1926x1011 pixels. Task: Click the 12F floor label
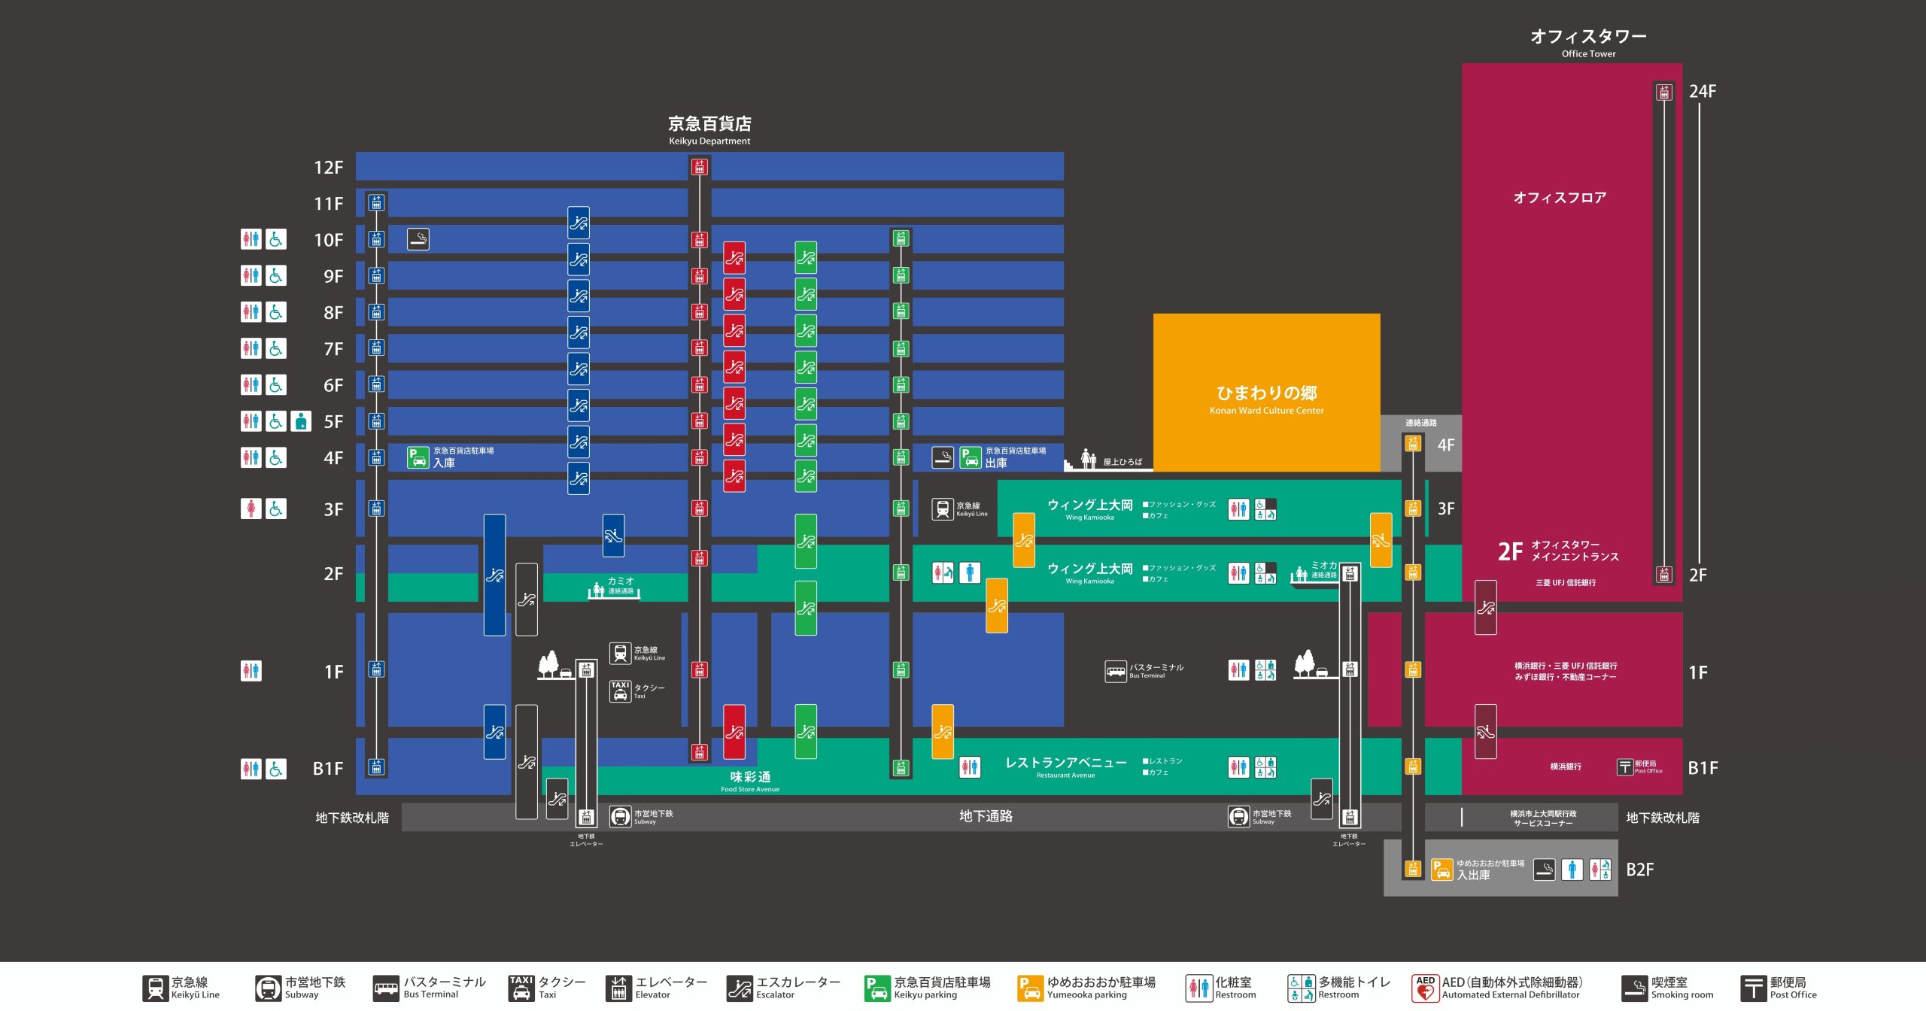[328, 167]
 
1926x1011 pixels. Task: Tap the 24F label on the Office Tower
[1703, 91]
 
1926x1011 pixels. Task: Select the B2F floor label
[1640, 870]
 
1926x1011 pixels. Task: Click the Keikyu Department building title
[709, 129]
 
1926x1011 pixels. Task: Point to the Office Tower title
[1588, 42]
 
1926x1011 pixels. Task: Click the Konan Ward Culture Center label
[1267, 399]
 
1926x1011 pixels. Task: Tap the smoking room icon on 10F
[418, 239]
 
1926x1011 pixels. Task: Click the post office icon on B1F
[1625, 767]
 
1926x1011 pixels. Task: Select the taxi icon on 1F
[620, 691]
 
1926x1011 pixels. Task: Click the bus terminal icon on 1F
[1116, 670]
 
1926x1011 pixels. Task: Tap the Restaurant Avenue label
[1066, 767]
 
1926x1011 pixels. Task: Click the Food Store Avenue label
[750, 781]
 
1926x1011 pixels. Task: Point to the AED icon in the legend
[1425, 987]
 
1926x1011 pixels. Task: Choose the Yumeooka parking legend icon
[1030, 987]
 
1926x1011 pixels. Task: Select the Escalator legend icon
[740, 987]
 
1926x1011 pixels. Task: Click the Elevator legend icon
[618, 987]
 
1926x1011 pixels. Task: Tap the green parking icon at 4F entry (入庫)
[418, 457]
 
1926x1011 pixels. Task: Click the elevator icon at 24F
[1664, 92]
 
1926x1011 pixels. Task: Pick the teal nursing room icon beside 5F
[301, 421]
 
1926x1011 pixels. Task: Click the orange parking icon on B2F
[1441, 870]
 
